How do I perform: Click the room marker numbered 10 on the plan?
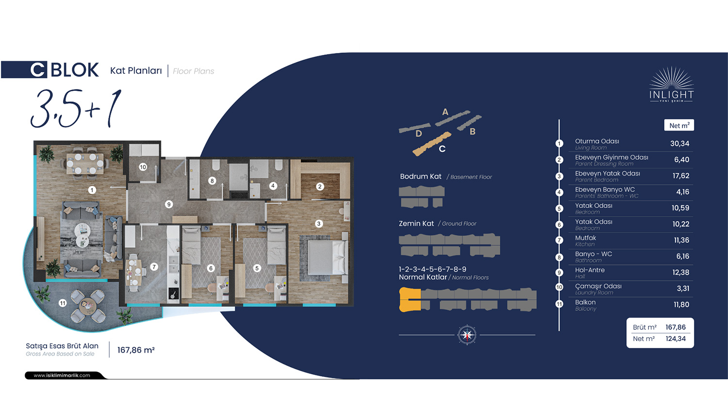tap(143, 167)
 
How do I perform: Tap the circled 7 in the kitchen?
tap(154, 267)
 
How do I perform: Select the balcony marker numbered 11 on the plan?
tap(63, 303)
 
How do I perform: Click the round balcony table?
tap(88, 305)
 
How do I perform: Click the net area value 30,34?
tap(679, 143)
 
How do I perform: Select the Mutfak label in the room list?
tap(585, 238)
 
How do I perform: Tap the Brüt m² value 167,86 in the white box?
tap(676, 327)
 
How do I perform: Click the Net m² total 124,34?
tap(676, 339)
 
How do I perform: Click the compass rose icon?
tap(467, 335)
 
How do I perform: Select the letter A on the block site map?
tap(445, 112)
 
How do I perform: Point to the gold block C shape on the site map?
tap(431, 144)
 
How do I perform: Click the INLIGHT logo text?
tap(671, 95)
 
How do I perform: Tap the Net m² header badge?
tap(679, 125)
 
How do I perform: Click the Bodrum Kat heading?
tap(421, 176)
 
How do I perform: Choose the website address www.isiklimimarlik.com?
tap(62, 376)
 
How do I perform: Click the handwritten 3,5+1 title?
tap(76, 109)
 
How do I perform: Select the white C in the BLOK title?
tap(38, 70)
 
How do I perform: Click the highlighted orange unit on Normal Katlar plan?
tap(410, 299)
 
